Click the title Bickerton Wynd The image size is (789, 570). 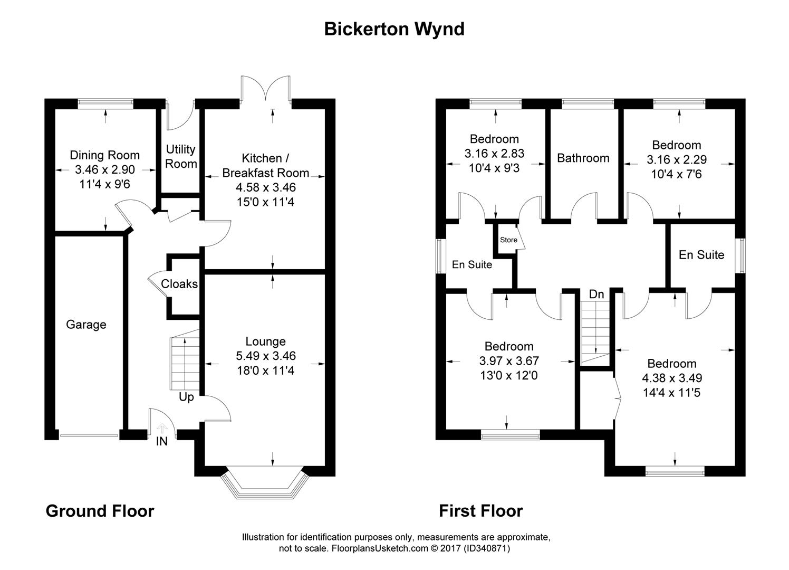click(x=394, y=29)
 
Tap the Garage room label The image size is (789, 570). click(x=86, y=325)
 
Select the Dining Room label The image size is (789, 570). click(x=105, y=155)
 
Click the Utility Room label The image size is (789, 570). click(x=181, y=157)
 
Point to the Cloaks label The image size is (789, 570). click(x=179, y=284)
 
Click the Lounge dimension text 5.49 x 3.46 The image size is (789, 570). click(x=266, y=356)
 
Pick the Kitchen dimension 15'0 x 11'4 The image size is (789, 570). click(x=266, y=202)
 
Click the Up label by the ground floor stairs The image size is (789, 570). click(x=186, y=397)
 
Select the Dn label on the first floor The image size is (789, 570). click(x=596, y=294)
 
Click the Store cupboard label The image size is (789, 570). click(x=508, y=240)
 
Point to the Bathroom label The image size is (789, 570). click(x=583, y=158)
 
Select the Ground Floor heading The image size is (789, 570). click(x=100, y=511)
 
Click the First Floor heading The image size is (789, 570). click(x=481, y=511)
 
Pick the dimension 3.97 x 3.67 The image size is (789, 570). click(x=509, y=361)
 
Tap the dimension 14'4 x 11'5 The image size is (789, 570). click(x=672, y=393)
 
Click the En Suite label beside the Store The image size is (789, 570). click(x=472, y=265)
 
